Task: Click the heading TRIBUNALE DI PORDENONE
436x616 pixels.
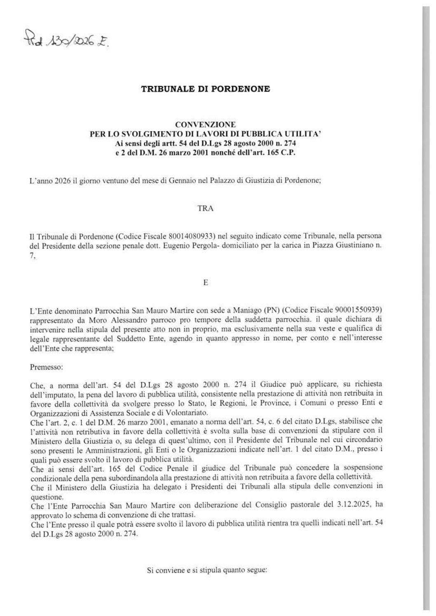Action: coord(206,89)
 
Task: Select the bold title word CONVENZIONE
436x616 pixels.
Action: coord(206,124)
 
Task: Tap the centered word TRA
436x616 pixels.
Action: coord(206,208)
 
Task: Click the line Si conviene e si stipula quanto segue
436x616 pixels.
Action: coord(207,571)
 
